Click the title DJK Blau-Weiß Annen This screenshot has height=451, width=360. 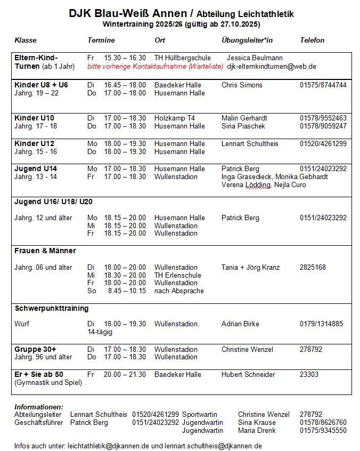pyautogui.click(x=127, y=14)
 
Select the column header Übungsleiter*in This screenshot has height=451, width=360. pyautogui.click(x=247, y=41)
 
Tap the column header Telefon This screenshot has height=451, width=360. pyautogui.click(x=312, y=41)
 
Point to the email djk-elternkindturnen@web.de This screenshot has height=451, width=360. pyautogui.click(x=272, y=67)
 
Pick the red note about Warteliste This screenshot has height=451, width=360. pyautogui.click(x=155, y=67)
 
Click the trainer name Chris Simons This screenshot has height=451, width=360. pyautogui.click(x=242, y=85)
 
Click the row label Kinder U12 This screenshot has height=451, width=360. pyautogui.click(x=34, y=144)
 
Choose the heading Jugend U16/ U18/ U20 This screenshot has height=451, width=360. pyautogui.click(x=58, y=202)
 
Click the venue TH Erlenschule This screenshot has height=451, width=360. pyautogui.click(x=178, y=275)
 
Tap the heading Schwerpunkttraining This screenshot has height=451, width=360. pyautogui.click(x=52, y=309)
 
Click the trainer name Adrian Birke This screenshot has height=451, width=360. pyautogui.click(x=240, y=324)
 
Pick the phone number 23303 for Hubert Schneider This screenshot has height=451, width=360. pyautogui.click(x=309, y=375)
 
